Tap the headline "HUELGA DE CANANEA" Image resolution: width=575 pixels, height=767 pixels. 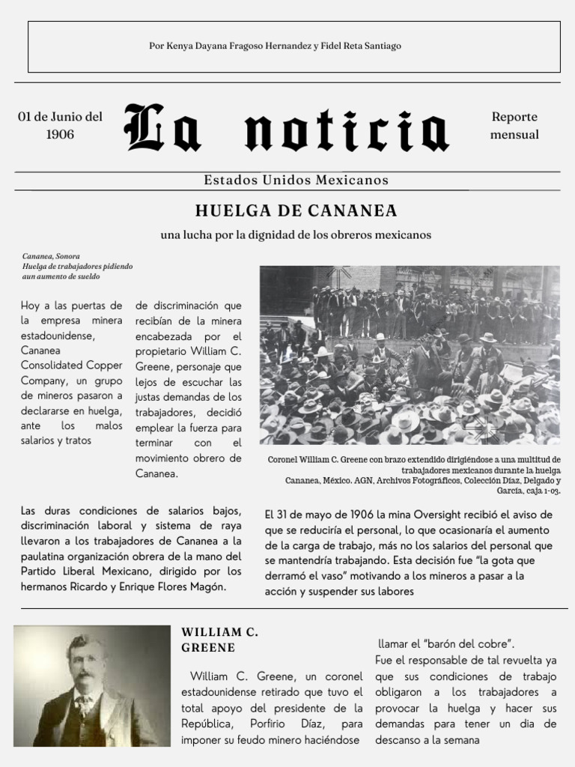pyautogui.click(x=296, y=210)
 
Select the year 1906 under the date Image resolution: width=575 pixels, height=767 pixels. pyautogui.click(x=60, y=135)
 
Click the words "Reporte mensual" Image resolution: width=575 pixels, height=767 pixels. pyautogui.click(x=514, y=126)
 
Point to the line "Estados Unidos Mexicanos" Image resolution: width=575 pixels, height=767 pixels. pyautogui.click(x=296, y=180)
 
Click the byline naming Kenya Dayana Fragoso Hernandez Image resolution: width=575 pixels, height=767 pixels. pyautogui.click(x=276, y=46)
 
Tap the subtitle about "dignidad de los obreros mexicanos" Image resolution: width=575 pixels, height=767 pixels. pyautogui.click(x=296, y=234)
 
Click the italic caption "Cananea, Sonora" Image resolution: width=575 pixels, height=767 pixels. pyautogui.click(x=51, y=255)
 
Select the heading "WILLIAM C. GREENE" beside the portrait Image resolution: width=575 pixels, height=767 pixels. pyautogui.click(x=220, y=640)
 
